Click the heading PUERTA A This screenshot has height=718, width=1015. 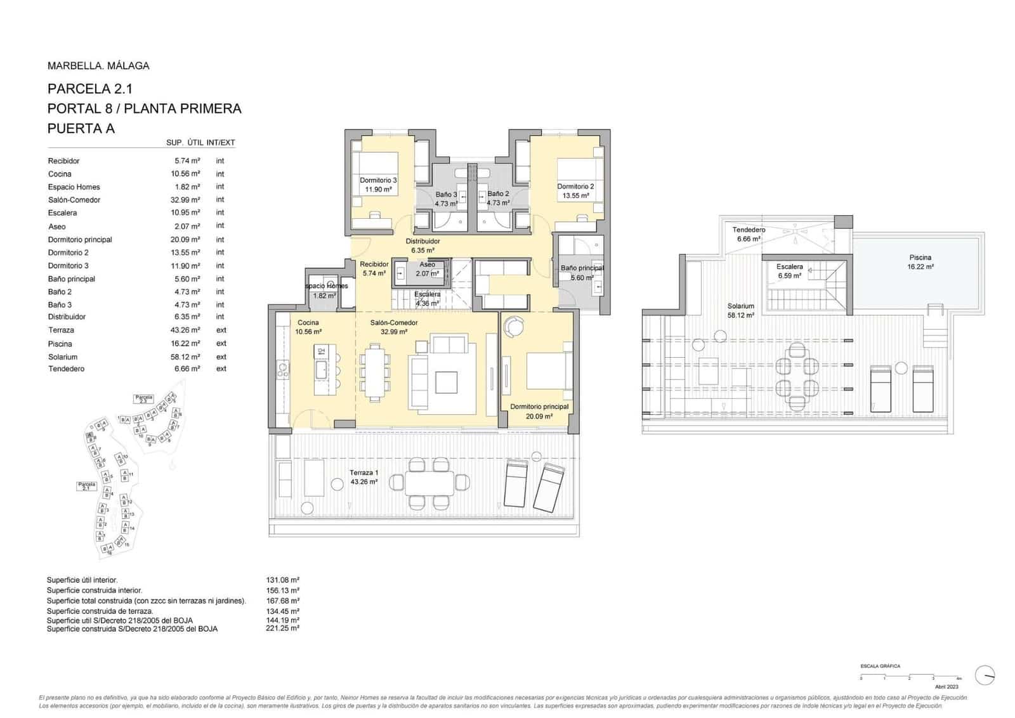(81, 129)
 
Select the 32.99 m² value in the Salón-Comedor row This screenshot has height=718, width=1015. (185, 200)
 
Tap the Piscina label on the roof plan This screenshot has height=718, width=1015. (920, 258)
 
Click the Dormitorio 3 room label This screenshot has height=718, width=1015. (378, 181)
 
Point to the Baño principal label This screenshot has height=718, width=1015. (582, 268)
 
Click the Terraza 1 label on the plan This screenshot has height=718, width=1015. (363, 473)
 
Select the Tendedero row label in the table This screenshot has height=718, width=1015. (66, 369)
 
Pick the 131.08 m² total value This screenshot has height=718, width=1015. (282, 580)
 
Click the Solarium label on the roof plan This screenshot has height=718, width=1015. (740, 306)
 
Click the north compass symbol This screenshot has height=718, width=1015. (985, 675)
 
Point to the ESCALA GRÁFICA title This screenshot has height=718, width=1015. (880, 667)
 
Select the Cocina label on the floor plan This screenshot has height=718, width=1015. (308, 323)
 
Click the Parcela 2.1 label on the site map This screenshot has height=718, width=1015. (87, 486)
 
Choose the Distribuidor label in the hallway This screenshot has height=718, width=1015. (422, 242)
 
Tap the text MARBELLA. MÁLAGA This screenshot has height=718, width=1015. (98, 66)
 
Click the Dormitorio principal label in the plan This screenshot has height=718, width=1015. (539, 407)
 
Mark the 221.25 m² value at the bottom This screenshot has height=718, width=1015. (282, 629)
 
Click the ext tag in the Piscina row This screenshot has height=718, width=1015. (221, 344)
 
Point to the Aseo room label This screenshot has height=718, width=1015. (427, 265)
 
